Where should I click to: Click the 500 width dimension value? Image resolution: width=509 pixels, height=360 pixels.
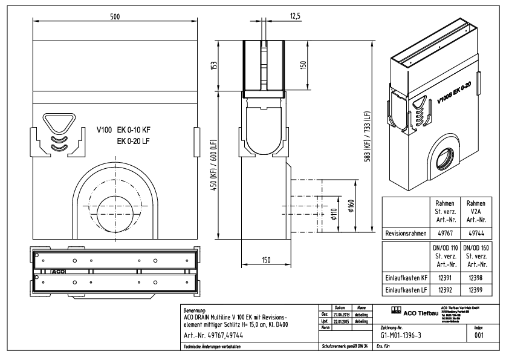coord(114,17)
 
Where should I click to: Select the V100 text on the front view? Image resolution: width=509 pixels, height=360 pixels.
coord(106,129)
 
